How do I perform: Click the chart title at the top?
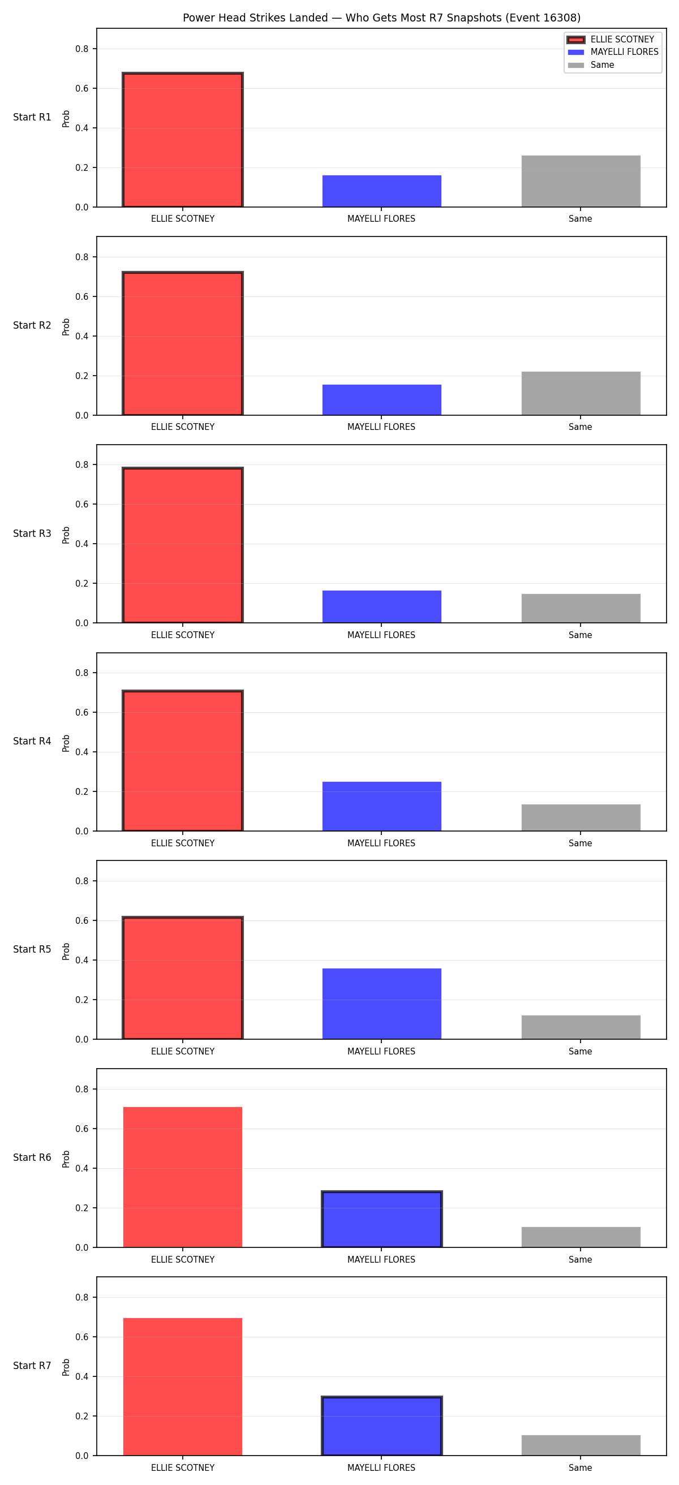click(381, 18)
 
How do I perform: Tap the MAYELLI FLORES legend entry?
click(613, 52)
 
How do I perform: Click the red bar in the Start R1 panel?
click(183, 140)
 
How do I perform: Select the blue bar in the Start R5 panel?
click(381, 1004)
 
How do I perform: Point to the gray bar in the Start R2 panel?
click(581, 393)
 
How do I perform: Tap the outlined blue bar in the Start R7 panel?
click(381, 1426)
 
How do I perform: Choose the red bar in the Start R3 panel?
click(183, 545)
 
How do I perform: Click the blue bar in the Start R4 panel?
click(381, 807)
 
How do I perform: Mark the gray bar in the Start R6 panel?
click(581, 1237)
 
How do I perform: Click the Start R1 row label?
click(32, 117)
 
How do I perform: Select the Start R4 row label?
click(32, 741)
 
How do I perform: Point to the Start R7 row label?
click(32, 1366)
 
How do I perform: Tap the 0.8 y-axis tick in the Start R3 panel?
click(82, 464)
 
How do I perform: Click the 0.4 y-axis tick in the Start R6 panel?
click(82, 1169)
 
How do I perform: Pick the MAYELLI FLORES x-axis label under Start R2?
click(381, 427)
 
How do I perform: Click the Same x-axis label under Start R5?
click(581, 1052)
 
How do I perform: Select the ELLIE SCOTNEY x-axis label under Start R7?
click(183, 1467)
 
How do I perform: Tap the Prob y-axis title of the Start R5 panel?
click(66, 951)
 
